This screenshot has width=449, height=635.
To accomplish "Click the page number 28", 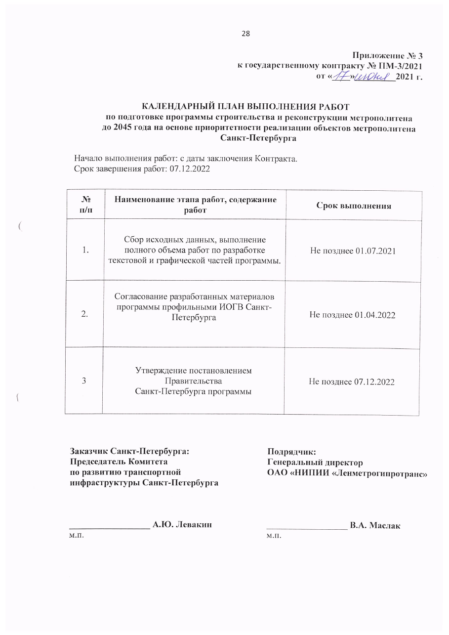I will (x=245, y=34).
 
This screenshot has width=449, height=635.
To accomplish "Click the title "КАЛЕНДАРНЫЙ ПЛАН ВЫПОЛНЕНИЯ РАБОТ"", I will (x=246, y=107).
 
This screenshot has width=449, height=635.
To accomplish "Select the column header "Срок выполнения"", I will (x=354, y=206).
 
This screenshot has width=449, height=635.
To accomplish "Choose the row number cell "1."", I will (x=85, y=251).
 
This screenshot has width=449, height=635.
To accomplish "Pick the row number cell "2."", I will (x=85, y=314).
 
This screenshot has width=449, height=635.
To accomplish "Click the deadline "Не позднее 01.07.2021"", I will (x=353, y=251).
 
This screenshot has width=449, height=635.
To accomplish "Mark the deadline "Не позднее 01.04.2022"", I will (x=353, y=314).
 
